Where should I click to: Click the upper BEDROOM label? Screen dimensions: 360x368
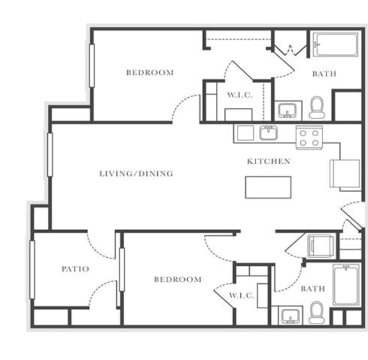(x=149, y=72)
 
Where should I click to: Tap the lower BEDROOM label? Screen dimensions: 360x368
(x=177, y=279)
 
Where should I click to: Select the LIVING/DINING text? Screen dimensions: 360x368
(x=136, y=173)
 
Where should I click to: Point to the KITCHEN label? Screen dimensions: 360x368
(x=268, y=161)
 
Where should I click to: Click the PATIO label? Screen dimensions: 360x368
(x=75, y=269)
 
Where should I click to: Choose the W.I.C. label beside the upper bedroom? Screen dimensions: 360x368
(x=240, y=95)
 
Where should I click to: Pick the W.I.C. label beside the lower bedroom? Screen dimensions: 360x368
(x=241, y=295)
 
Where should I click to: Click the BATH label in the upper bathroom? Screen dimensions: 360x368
(x=324, y=74)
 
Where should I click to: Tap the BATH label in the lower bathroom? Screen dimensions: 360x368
(x=312, y=289)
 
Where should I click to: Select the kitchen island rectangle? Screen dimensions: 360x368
(x=268, y=187)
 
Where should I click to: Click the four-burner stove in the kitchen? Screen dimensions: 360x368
(x=309, y=137)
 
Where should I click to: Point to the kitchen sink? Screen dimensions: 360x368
(x=268, y=134)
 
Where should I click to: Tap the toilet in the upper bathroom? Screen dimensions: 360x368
(x=316, y=107)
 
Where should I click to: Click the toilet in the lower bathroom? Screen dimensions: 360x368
(x=316, y=313)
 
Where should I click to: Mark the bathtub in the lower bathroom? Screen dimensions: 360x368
(x=347, y=285)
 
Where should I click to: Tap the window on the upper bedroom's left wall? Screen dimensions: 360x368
(x=92, y=67)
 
